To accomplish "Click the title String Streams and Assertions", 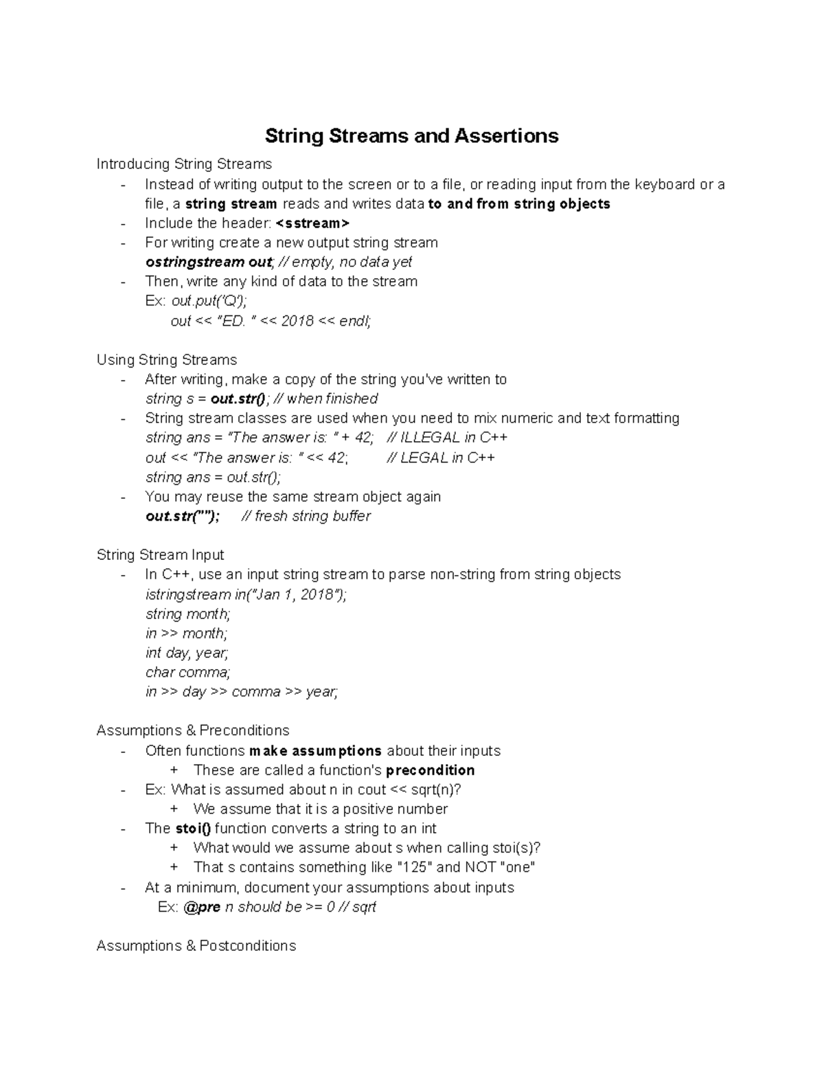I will coord(411,136).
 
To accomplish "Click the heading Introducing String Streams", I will coord(184,164).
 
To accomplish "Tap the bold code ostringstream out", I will coord(209,262).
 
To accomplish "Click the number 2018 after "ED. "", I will coord(297,321).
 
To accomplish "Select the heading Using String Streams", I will coord(167,360).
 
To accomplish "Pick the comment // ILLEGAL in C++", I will coord(447,438).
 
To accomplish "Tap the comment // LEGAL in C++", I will coord(441,458).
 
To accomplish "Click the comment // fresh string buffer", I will coord(306,516).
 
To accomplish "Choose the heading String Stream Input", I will coord(160,555).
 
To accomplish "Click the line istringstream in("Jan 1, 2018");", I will coord(246,594).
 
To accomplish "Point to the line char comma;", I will coord(187,673).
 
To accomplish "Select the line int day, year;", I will coord(187,653).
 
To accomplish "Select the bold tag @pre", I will coord(202,907).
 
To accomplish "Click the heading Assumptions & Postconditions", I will coord(196,946).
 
